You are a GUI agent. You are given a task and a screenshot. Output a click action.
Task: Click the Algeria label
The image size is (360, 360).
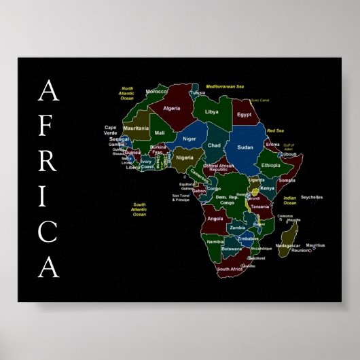(x=172, y=108)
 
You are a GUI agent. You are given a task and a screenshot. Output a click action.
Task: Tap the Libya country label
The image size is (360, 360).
(x=212, y=111)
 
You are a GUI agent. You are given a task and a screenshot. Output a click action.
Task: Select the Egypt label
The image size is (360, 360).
(x=244, y=115)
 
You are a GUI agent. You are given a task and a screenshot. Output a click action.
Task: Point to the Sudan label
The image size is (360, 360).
(x=245, y=146)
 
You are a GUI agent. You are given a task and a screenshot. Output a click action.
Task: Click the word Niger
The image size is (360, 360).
(x=189, y=139)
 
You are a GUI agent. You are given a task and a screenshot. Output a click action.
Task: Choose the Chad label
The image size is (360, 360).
(x=214, y=145)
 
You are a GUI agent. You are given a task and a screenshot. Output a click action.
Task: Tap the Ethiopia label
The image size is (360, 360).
(x=270, y=166)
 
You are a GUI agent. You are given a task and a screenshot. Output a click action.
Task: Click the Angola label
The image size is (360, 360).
(x=215, y=219)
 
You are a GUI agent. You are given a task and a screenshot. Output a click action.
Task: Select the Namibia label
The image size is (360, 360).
(x=215, y=241)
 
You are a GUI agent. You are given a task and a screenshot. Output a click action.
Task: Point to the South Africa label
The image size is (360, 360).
(x=229, y=269)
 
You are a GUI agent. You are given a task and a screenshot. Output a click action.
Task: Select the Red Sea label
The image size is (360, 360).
(x=275, y=130)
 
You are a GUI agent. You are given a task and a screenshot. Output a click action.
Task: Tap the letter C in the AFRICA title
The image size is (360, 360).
(x=48, y=232)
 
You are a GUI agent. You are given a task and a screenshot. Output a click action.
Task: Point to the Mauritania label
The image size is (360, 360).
(x=136, y=128)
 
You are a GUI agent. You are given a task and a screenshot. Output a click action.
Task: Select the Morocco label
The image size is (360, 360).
(x=157, y=91)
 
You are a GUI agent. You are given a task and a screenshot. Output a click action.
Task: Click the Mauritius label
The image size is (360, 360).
(x=315, y=245)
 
